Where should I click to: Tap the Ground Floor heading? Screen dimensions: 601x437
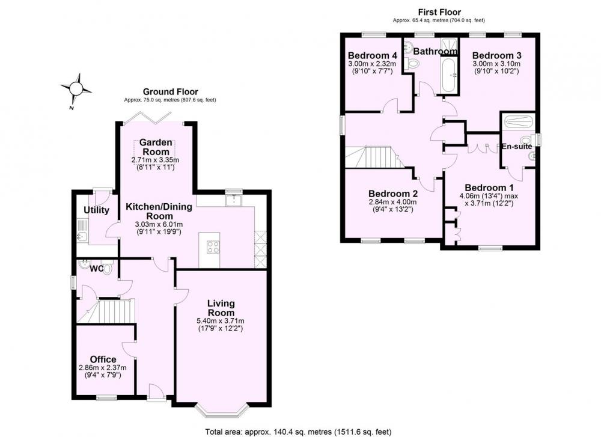[170, 92]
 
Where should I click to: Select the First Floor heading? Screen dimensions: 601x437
[439, 12]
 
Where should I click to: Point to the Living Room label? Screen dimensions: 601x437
[221, 308]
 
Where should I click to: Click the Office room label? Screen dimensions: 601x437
[103, 359]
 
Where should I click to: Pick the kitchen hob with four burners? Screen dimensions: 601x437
[213, 246]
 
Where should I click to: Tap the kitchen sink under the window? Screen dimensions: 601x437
[233, 201]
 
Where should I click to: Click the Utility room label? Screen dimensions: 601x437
[96, 210]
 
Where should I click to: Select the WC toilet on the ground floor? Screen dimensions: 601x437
[107, 268]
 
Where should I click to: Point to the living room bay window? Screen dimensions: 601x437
[222, 411]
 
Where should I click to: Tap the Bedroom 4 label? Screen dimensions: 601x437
[372, 55]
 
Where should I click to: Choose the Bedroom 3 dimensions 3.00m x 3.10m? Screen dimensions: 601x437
[496, 64]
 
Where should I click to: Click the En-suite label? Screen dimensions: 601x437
[517, 147]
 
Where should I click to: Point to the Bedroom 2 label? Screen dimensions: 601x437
[393, 194]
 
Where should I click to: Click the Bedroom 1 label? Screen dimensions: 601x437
[489, 188]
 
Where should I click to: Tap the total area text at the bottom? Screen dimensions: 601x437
[298, 432]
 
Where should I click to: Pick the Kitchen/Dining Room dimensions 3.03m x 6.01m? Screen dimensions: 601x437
[159, 225]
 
